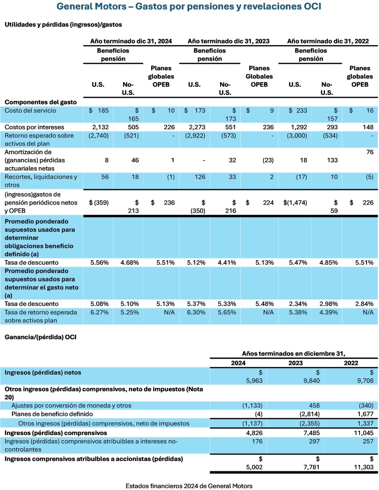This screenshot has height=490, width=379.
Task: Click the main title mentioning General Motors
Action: click(x=189, y=7)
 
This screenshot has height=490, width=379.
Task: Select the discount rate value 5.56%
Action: click(x=100, y=262)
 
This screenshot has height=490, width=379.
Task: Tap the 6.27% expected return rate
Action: click(x=100, y=312)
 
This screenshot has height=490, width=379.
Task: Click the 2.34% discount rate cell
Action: click(x=295, y=304)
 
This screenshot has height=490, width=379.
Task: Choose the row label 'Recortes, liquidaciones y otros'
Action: click(x=41, y=180)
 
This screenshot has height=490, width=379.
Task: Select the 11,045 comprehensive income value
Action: click(x=355, y=433)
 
